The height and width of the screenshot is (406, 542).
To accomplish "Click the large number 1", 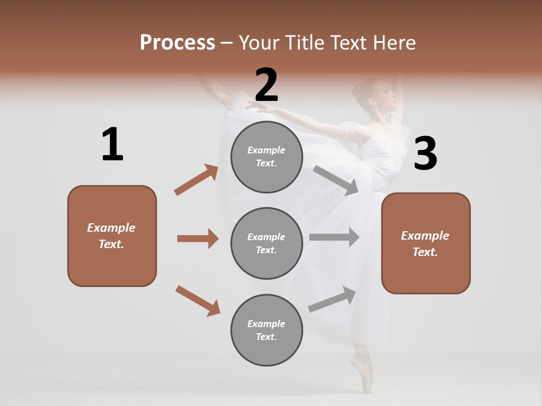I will tap(112, 144).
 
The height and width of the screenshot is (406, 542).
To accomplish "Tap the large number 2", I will tap(266, 85).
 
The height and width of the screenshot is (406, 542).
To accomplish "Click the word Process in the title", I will tap(177, 42).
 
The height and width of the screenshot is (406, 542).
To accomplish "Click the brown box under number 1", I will tap(112, 236).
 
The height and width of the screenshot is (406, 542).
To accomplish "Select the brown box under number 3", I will tap(426, 243).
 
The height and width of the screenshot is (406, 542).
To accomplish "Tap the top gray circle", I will tap(266, 157).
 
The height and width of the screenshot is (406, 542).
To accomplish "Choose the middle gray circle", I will tap(266, 243).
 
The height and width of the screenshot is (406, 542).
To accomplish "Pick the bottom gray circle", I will tap(266, 330).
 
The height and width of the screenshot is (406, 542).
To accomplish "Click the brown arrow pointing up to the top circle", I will tap(196, 179).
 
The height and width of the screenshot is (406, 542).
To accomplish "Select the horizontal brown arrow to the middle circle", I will tap(198, 239).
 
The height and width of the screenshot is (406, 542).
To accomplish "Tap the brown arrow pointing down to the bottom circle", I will tap(198, 300).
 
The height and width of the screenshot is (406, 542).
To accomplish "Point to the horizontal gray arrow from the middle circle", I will tap(334, 237).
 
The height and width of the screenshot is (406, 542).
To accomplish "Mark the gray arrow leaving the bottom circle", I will tap(333, 299).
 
